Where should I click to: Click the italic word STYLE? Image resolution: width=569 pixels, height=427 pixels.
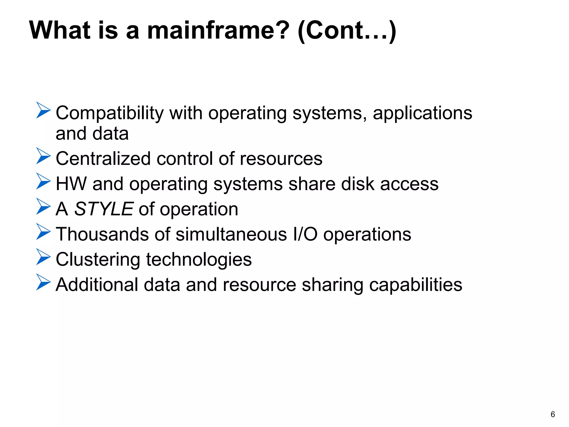coord(104,209)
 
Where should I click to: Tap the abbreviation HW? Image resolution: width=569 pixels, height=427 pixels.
coord(71,184)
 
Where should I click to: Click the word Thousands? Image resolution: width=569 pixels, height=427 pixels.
coord(102,234)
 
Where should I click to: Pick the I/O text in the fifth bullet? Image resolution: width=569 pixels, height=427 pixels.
coord(305,234)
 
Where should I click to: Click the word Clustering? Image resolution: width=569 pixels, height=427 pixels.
coord(98,259)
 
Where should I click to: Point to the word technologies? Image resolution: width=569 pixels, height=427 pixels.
coord(199,259)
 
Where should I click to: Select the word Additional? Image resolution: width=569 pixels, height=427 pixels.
coord(97,285)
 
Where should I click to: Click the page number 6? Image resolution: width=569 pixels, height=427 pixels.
coord(553,414)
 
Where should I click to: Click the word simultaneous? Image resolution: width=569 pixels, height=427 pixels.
coord(231,234)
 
